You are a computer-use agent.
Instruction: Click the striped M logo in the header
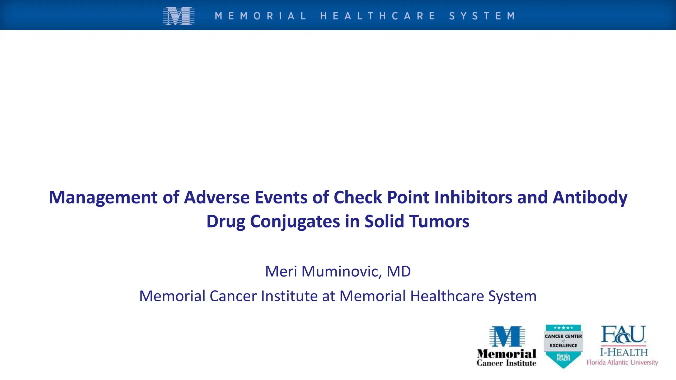point(179,16)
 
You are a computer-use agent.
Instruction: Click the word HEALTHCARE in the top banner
point(378,16)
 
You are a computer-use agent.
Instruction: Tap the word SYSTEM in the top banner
point(482,16)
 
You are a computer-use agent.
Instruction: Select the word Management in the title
point(103,197)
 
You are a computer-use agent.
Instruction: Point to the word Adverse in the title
point(217,197)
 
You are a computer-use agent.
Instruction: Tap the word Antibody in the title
point(590,197)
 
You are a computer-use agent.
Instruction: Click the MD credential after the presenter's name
point(399,271)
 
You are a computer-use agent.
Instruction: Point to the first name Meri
point(281,271)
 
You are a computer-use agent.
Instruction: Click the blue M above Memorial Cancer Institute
point(507,336)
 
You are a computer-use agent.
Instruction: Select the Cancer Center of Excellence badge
point(563,346)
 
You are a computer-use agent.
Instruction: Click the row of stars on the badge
point(563,328)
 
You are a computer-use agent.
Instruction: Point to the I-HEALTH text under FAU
point(624,352)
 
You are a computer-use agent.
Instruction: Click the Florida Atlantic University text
point(622,362)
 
